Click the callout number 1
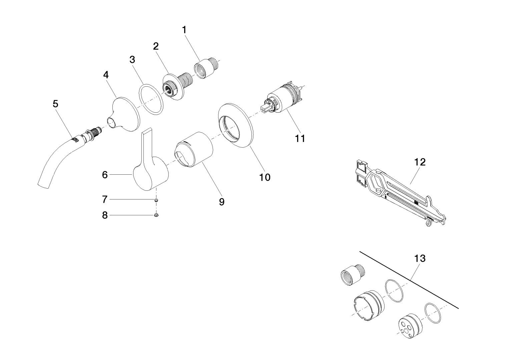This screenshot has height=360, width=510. [184, 30]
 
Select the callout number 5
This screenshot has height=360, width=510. [55, 104]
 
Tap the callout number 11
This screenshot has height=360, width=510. [300, 138]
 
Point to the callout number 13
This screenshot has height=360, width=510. [420, 258]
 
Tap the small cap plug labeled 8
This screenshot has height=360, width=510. [156, 215]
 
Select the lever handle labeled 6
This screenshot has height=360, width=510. [148, 167]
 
